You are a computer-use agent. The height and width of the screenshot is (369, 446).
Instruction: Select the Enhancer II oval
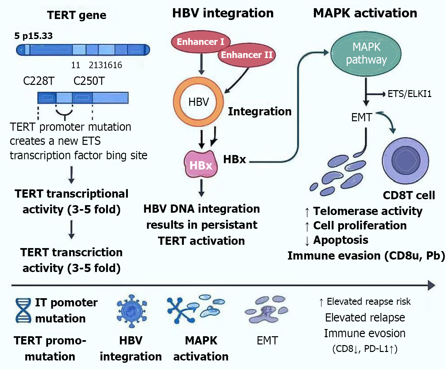click(x=247, y=55)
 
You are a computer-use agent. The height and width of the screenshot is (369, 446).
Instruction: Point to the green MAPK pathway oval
click(x=366, y=53)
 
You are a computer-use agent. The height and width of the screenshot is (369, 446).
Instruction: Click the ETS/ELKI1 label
click(x=409, y=94)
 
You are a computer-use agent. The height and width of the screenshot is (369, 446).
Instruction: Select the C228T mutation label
click(x=39, y=81)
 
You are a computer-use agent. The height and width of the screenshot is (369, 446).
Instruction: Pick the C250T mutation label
click(x=89, y=81)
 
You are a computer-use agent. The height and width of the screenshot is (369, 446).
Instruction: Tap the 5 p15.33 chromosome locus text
click(x=33, y=36)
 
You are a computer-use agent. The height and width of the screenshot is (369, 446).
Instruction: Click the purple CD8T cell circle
click(x=405, y=161)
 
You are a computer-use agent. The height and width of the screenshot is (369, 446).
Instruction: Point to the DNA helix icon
click(x=23, y=310)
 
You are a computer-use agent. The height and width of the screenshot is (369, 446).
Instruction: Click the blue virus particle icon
click(x=131, y=311)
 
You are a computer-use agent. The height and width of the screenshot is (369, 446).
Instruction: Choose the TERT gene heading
click(x=77, y=15)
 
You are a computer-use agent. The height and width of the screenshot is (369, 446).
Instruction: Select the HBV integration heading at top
click(x=223, y=13)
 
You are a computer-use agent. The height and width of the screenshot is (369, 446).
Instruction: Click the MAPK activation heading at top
click(x=365, y=13)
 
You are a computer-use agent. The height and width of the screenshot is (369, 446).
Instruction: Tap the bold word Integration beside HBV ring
click(x=260, y=111)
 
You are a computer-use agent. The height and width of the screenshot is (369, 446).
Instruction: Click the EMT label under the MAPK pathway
click(x=361, y=117)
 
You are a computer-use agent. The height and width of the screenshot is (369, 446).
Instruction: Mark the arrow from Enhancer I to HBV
click(x=201, y=64)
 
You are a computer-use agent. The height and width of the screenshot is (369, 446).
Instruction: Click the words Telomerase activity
click(x=368, y=211)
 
